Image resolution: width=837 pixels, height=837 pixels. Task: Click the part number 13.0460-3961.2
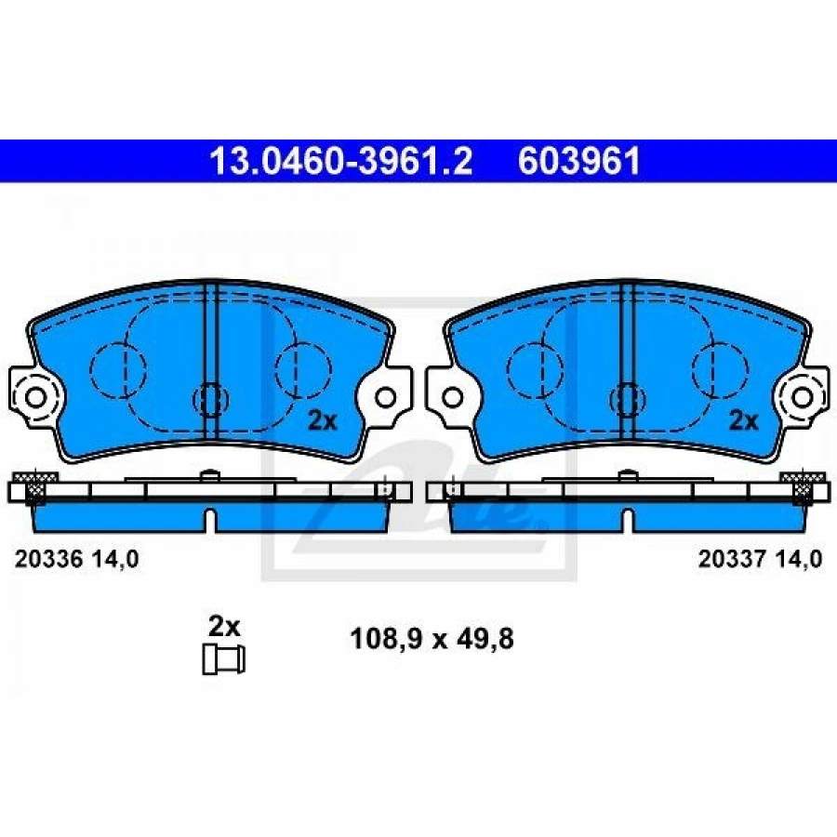(x=340, y=161)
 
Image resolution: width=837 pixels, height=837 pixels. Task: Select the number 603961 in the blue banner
(x=579, y=161)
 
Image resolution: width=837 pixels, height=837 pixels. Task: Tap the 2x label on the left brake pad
(x=323, y=421)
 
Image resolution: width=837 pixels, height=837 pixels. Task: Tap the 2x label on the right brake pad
(x=744, y=421)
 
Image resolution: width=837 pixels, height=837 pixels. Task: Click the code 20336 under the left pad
(x=48, y=560)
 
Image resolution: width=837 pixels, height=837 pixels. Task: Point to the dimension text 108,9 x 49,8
(x=432, y=638)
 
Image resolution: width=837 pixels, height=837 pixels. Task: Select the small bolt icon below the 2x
(x=223, y=659)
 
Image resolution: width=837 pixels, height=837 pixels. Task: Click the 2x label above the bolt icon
(x=224, y=627)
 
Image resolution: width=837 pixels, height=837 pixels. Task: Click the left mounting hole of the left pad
(x=36, y=397)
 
